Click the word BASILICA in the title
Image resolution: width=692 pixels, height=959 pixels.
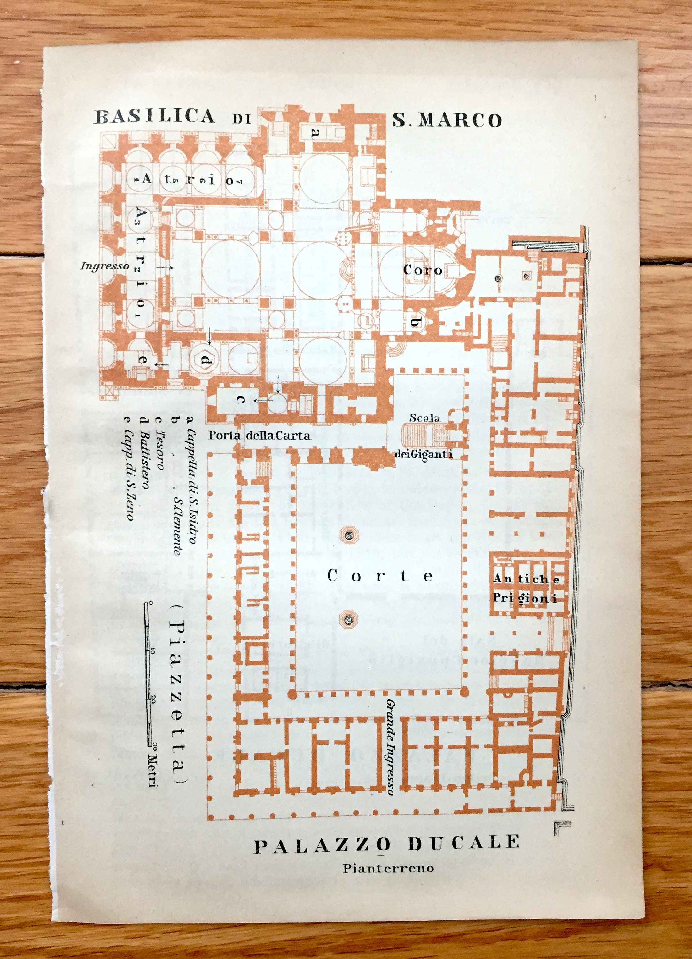coord(154,116)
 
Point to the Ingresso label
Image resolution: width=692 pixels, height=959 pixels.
coord(105,266)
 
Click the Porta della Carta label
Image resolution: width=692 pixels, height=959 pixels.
coord(259,435)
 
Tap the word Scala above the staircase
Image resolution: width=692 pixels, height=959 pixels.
coord(424,418)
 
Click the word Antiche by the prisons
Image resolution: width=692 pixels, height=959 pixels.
coord(526,579)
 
